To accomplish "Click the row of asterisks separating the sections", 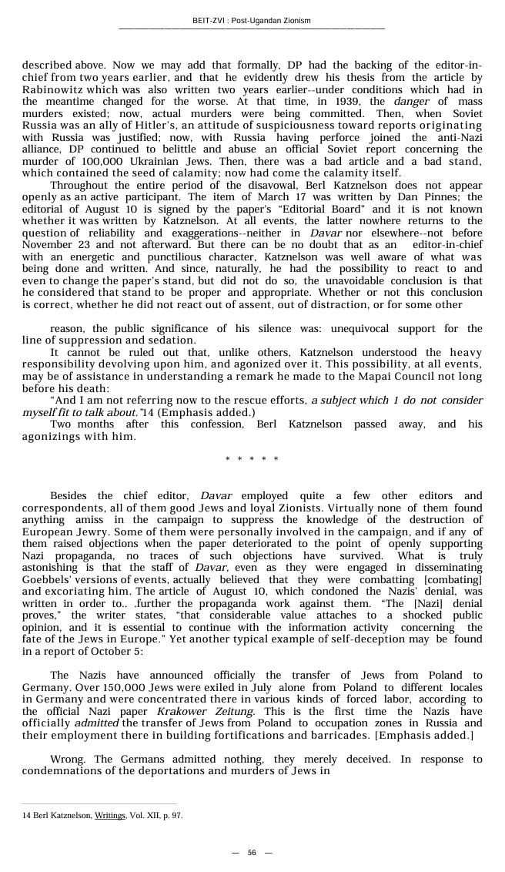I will [x=252, y=460].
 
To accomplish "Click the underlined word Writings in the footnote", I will [x=110, y=815].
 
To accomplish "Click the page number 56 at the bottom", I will [x=252, y=853].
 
